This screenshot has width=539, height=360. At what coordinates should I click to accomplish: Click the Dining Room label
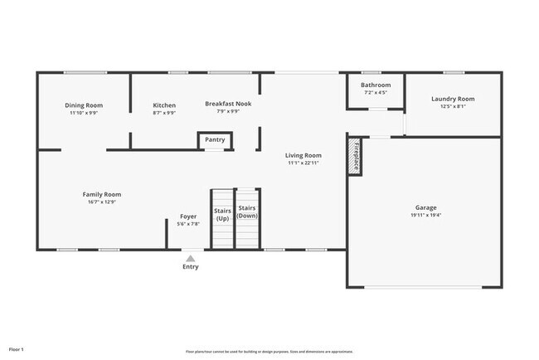pos(84,105)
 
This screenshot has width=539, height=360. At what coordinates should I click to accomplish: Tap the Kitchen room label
pos(164,105)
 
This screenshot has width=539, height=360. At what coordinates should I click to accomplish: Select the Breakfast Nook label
pos(228,104)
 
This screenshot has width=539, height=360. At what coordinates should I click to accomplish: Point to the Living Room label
pos(303,155)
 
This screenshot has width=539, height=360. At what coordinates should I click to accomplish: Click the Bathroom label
pos(376,85)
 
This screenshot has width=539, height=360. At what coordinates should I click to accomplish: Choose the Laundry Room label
pos(453,99)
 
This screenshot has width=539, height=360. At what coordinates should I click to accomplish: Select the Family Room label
pos(102,194)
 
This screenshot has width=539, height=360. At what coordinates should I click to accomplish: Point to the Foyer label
pos(188,216)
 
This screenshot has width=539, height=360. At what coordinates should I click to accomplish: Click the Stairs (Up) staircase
pos(222,219)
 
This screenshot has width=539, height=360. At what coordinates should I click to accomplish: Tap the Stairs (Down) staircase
pos(247,219)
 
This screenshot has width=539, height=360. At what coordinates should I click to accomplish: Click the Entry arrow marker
pos(191,258)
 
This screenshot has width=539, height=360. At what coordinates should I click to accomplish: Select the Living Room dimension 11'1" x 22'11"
pos(303,163)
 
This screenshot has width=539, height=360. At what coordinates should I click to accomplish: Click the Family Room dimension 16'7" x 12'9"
pos(102,202)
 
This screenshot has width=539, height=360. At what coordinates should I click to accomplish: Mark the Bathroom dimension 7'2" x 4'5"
pos(376,92)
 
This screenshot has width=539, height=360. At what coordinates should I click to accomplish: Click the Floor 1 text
pos(17,350)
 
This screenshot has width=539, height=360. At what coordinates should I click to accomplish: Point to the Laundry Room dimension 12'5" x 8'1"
pos(453,106)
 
